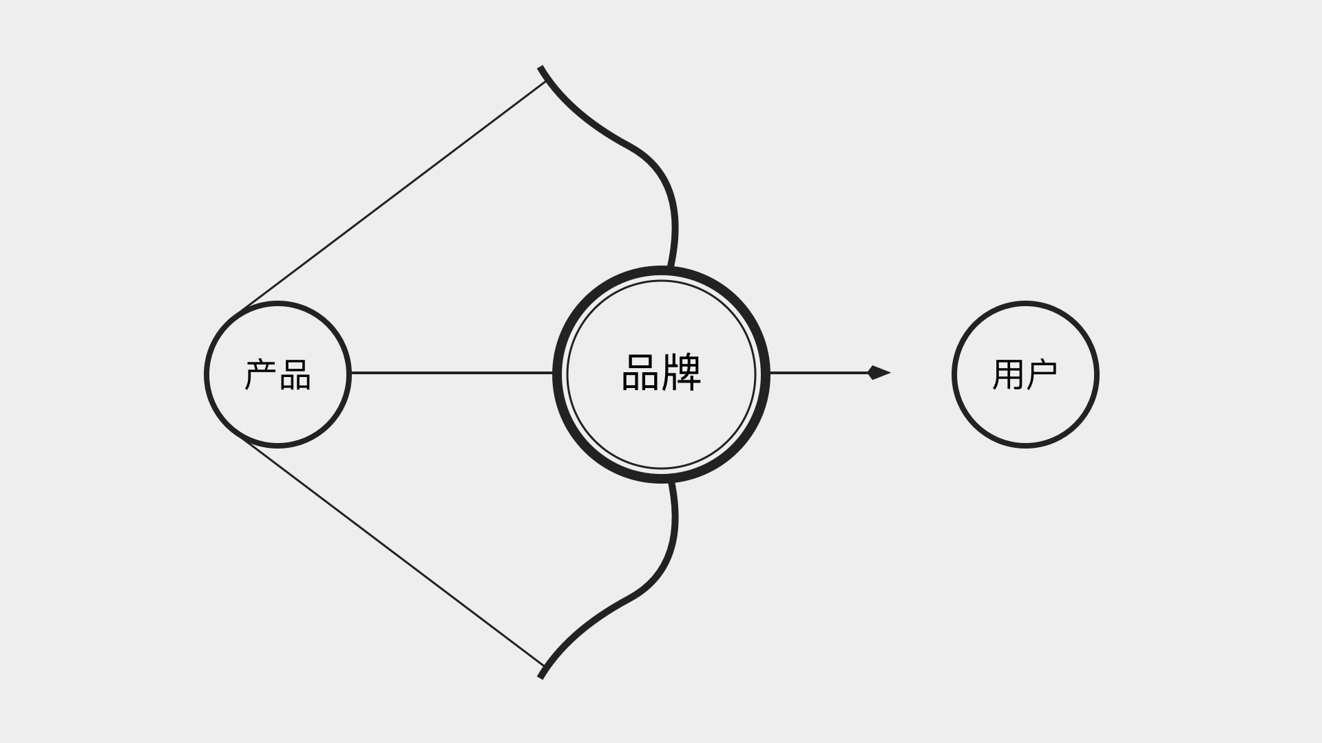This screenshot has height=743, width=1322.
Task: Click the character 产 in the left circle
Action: pos(261,375)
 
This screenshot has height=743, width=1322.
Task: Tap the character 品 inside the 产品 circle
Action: pos(295,375)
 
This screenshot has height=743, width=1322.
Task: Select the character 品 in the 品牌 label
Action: pos(640,373)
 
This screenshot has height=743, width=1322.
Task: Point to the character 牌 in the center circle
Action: pos(682,373)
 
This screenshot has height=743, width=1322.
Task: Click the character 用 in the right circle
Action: pos(1008,375)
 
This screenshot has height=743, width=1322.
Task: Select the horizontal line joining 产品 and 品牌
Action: pos(451,373)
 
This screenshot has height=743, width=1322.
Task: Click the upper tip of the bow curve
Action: pos(541,68)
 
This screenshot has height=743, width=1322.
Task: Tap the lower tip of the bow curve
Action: pos(541,677)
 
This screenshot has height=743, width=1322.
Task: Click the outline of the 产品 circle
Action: pos(277,303)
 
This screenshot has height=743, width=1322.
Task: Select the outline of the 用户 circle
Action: pos(1025,303)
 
